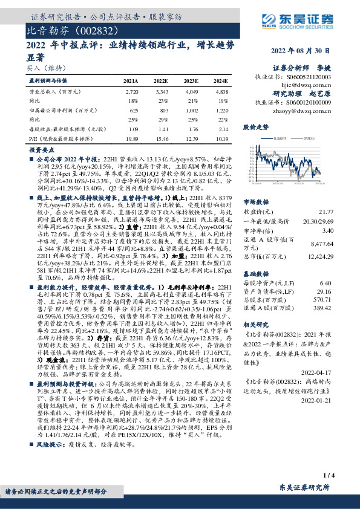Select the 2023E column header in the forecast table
191,80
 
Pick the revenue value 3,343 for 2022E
162,91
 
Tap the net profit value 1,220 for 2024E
221,111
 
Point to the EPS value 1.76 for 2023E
191,130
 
